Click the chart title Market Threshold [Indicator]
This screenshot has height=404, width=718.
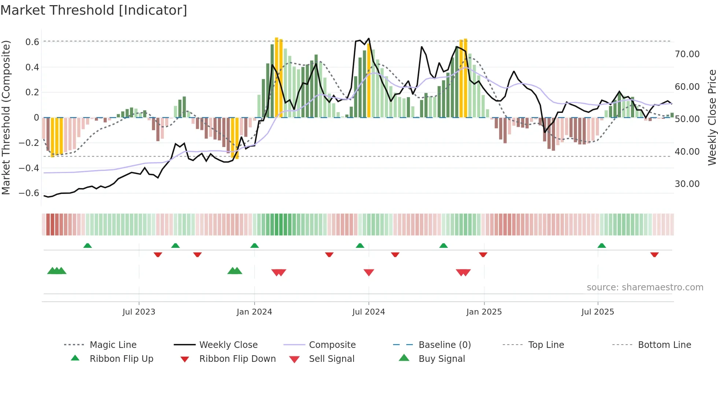[x=94, y=10]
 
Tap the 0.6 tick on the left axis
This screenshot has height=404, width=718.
[x=32, y=42]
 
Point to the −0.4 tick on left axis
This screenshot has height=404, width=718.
[x=29, y=168]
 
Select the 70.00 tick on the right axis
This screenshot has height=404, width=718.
[x=687, y=54]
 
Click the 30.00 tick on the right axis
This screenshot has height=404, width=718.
[x=687, y=184]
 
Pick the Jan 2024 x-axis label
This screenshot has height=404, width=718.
[x=254, y=312]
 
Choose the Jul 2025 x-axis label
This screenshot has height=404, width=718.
[x=597, y=312]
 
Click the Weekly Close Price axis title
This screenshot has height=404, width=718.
[x=711, y=117]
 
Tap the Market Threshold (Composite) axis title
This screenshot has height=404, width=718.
[x=6, y=117]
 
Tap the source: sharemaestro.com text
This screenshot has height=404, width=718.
[x=645, y=287]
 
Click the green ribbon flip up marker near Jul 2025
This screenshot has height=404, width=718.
[x=602, y=246]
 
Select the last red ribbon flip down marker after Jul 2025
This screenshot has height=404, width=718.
[x=654, y=254]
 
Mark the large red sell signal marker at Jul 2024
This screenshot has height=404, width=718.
[x=369, y=272]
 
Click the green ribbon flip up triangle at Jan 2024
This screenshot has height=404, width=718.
[x=254, y=246]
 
